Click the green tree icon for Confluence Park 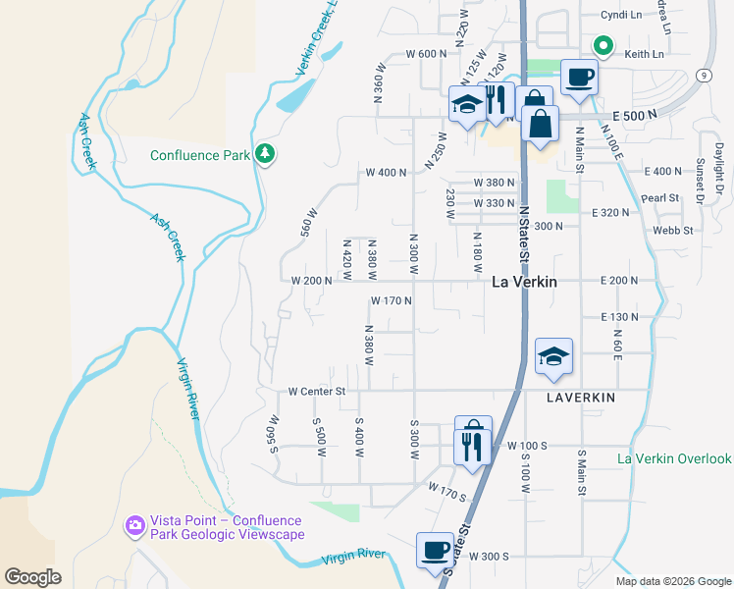[x=264, y=154]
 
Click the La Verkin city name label [x=523, y=282]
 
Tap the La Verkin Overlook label [x=675, y=458]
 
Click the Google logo [x=33, y=577]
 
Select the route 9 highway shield [x=705, y=75]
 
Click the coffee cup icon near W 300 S [x=435, y=551]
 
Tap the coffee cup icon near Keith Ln [x=578, y=77]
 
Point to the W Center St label [x=318, y=391]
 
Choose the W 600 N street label [x=412, y=53]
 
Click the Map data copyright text [x=672, y=581]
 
